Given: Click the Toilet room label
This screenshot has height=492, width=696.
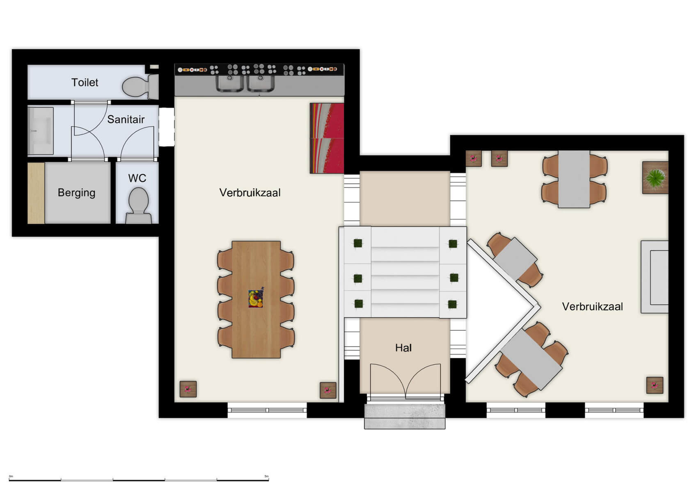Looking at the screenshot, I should (85, 82).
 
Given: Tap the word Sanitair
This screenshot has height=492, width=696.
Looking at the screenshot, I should (126, 119).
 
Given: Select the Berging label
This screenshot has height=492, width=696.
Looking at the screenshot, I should (76, 193).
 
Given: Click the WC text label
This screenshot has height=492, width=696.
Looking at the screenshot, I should (137, 178).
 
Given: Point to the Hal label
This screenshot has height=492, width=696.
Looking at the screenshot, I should (403, 348).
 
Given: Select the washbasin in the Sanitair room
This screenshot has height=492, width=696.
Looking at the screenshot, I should (41, 131).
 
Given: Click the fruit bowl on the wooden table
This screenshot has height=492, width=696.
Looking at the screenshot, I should (255, 298).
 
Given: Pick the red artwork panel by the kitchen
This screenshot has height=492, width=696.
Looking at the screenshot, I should (327, 138).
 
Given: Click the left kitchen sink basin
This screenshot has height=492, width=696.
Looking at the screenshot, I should (230, 83).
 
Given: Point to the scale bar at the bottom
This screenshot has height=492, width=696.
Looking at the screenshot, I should (139, 479).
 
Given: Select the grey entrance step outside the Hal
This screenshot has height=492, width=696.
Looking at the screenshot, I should (405, 417).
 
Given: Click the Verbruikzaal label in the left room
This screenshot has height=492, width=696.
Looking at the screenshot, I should (250, 193).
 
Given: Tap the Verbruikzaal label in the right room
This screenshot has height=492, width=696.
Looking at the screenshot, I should (592, 307).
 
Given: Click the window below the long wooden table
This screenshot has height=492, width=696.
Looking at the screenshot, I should (267, 410).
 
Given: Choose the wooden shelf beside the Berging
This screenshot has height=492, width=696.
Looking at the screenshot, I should (36, 193).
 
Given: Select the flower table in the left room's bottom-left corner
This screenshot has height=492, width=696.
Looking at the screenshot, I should (188, 389).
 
